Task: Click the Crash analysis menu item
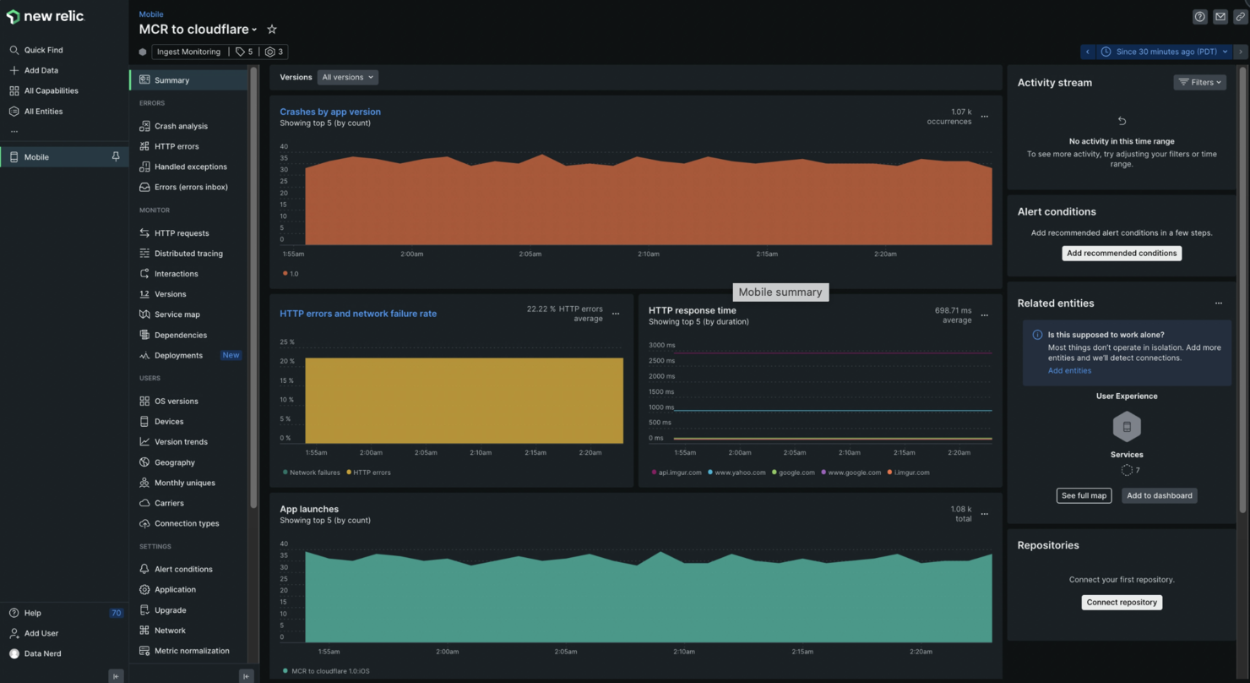point(180,126)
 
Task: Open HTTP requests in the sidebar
point(181,233)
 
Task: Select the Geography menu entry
point(174,462)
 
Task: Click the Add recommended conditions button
point(1121,254)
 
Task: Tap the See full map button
point(1084,495)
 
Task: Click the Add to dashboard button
point(1159,495)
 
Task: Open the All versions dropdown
point(347,77)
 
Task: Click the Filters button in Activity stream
point(1199,82)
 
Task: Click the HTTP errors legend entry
point(372,473)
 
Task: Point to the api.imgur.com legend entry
point(679,473)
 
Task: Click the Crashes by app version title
point(330,112)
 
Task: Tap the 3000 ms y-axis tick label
point(661,345)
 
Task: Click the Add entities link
point(1069,371)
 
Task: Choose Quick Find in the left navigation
point(43,50)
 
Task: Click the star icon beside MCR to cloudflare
point(272,30)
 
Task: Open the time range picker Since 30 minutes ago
point(1165,52)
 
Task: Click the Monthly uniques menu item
point(184,483)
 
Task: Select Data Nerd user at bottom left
point(42,653)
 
